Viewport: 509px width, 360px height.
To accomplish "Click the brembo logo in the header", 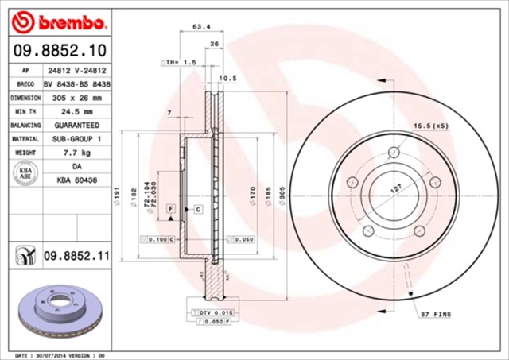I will (60, 20).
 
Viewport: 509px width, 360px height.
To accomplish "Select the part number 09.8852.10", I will (60, 52).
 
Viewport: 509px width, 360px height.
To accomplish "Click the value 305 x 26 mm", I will (77, 98).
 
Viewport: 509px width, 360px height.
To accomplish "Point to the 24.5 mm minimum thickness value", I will (77, 112).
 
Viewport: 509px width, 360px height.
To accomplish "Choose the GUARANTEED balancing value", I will (77, 126).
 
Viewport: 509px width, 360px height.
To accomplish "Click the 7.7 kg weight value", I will (77, 152).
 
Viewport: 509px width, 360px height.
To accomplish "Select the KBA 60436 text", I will (77, 180).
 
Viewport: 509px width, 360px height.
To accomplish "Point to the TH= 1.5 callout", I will (178, 61).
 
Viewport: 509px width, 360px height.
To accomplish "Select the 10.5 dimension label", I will (228, 78).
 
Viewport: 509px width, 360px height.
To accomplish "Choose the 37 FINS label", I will (436, 315).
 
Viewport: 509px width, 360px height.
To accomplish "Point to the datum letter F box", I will (169, 208).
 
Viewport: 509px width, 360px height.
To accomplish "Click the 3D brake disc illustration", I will (60, 310).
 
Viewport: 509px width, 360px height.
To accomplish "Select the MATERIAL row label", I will (26, 139).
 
